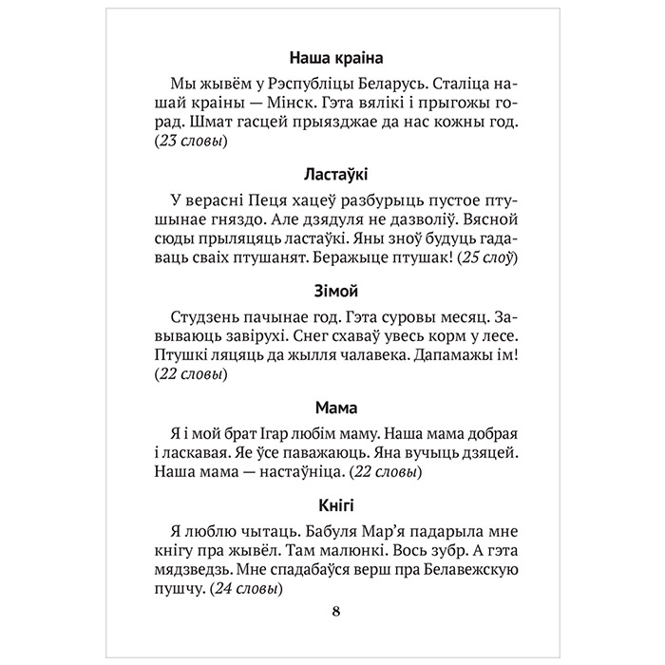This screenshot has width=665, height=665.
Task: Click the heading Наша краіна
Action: click(x=332, y=56)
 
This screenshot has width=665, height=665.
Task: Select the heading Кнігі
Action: click(x=332, y=504)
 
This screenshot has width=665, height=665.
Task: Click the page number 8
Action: click(x=332, y=611)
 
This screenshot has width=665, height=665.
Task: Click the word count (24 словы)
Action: click(x=250, y=589)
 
